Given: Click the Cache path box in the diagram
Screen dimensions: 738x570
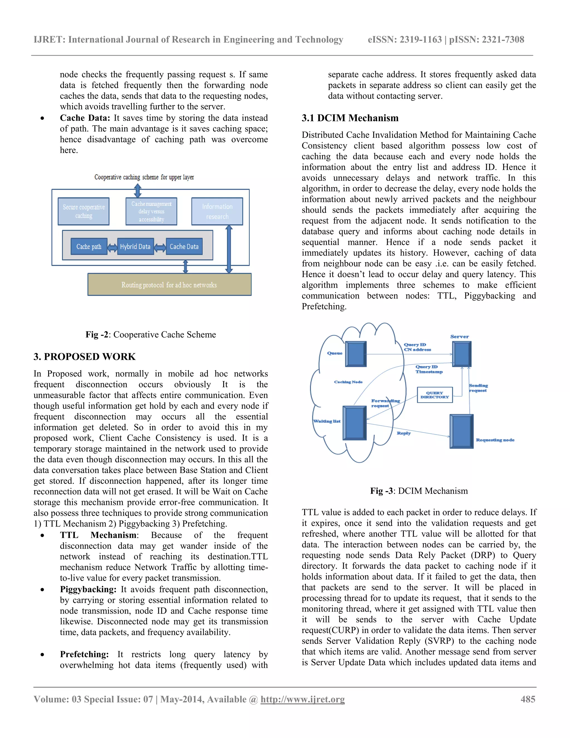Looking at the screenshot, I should coord(89,246).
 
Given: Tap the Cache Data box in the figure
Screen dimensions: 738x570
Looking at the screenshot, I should coord(184,246).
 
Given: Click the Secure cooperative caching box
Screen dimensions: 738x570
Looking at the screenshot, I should coord(83,211).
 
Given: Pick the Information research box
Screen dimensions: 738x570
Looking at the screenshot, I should coord(217,211).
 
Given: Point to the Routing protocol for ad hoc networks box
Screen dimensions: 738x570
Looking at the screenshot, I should coord(169,285).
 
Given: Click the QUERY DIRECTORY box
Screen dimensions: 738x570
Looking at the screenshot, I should coord(434,395).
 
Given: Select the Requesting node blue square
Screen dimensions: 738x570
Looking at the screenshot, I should coord(461,431).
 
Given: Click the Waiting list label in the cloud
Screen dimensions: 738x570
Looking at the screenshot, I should coord(327,421).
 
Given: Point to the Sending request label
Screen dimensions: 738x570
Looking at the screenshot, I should coord(478,388).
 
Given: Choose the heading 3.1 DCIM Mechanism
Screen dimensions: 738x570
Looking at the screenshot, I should coord(350,118).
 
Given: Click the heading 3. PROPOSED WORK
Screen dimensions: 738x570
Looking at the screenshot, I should coord(84,356).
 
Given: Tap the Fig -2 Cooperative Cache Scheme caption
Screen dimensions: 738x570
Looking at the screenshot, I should coord(151,334).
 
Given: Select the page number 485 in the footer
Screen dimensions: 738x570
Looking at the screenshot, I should coord(528,699).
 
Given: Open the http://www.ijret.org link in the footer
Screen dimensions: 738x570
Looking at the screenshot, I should coord(303,699).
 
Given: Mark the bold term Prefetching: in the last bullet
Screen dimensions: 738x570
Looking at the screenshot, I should coord(84,654).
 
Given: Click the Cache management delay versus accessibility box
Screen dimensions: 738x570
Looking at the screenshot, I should coord(151,211).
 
